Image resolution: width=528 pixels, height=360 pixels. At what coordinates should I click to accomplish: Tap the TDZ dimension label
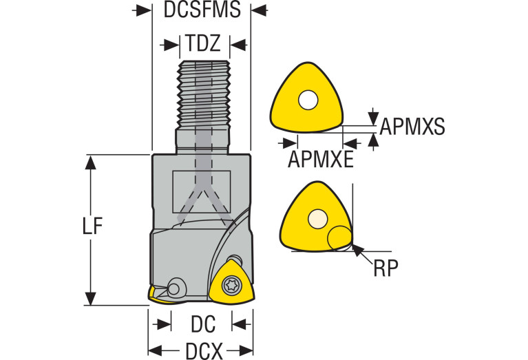pyautogui.click(x=202, y=45)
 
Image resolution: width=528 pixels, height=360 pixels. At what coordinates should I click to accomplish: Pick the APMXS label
pyautogui.click(x=412, y=127)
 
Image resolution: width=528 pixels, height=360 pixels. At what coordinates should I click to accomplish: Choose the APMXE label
pyautogui.click(x=320, y=159)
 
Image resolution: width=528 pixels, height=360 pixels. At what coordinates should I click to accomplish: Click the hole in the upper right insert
pyautogui.click(x=308, y=101)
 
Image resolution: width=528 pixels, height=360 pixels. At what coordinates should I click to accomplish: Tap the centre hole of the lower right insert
pyautogui.click(x=317, y=218)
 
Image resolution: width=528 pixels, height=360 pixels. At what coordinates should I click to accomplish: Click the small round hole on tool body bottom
pyautogui.click(x=176, y=287)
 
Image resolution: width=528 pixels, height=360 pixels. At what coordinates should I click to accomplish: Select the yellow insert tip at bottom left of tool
pyautogui.click(x=155, y=297)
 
